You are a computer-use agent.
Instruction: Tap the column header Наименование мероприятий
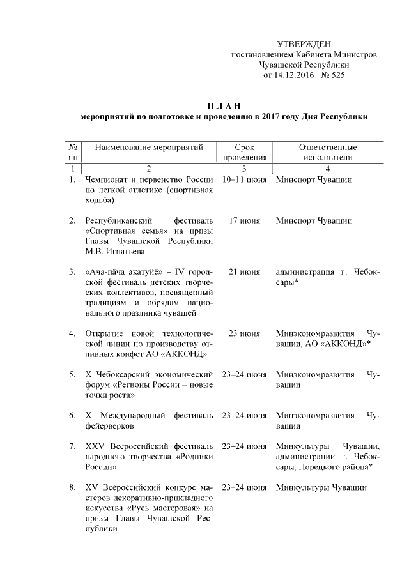[x=149, y=147]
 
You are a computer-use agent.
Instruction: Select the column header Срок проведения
[x=244, y=152]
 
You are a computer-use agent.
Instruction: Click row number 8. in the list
[x=73, y=488]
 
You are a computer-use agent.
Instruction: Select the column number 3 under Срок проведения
[x=244, y=168]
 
